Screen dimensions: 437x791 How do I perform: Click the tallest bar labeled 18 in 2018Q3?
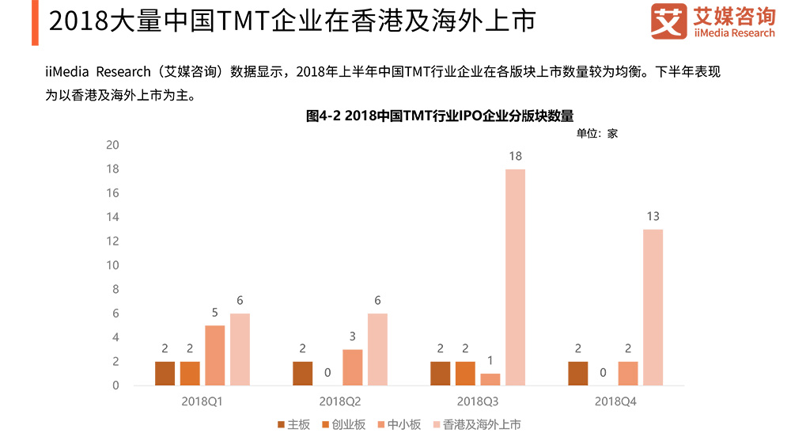coord(516,277)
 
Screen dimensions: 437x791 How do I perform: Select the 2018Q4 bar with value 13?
coord(653,307)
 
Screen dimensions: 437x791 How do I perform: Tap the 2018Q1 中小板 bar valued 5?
coord(215,355)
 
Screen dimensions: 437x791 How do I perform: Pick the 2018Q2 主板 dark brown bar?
coord(303,374)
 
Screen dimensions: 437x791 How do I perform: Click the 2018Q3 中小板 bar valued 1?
coord(490,379)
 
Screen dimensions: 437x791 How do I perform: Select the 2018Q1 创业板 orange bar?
coord(190,374)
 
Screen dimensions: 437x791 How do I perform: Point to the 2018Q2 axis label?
coord(339,403)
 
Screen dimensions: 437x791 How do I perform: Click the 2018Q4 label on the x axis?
coord(615,403)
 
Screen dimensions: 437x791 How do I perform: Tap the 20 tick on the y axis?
coord(112,145)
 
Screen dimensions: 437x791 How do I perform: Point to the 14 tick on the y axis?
coord(112,217)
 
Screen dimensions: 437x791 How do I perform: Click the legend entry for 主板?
coord(293,425)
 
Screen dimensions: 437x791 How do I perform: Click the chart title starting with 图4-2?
coord(439,116)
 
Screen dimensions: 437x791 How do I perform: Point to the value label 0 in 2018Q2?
coord(327,372)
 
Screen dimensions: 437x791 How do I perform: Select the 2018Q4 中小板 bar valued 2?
coord(628,374)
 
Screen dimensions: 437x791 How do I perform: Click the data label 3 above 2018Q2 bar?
coord(353,336)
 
